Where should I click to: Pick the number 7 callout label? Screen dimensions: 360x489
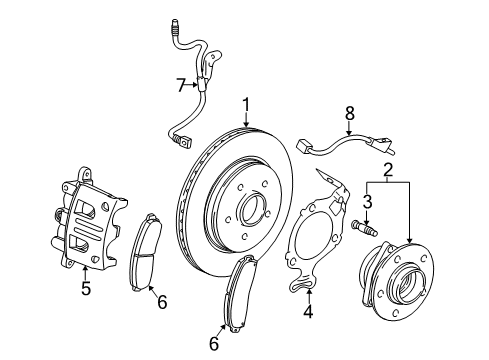[180, 87]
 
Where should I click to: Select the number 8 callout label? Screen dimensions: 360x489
[349, 115]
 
